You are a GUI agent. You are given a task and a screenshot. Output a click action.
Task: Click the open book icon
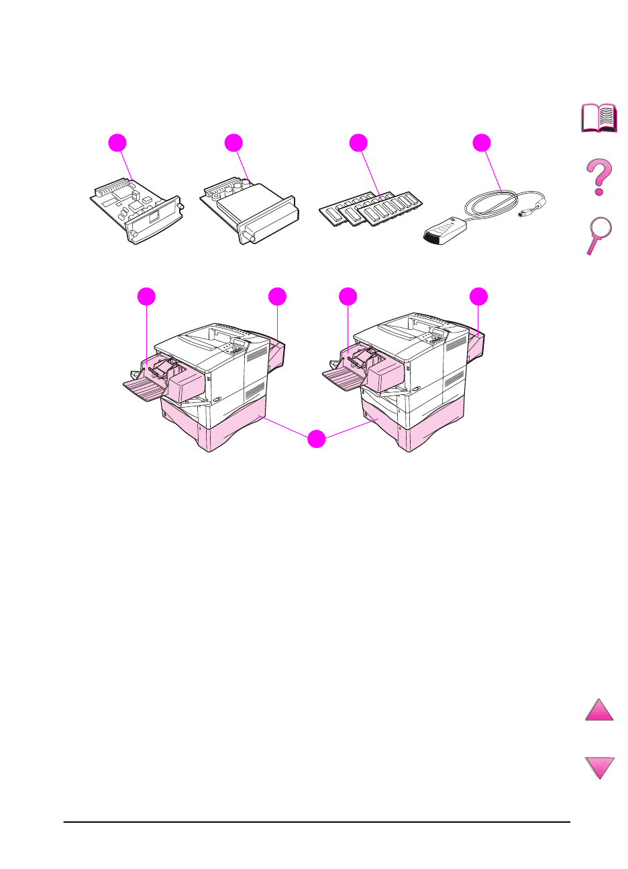pyautogui.click(x=598, y=117)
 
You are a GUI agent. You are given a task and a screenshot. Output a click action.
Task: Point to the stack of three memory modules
pyautogui.click(x=372, y=209)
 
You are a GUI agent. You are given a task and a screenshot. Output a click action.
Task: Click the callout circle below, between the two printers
pyautogui.click(x=317, y=440)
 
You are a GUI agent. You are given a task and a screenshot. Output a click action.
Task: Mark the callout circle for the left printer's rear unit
pyautogui.click(x=277, y=296)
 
